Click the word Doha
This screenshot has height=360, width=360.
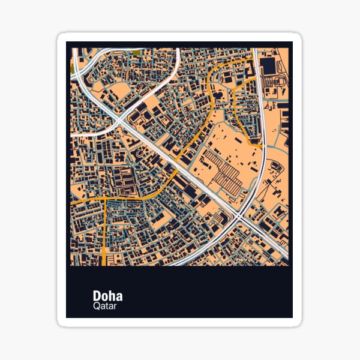tap(107, 296)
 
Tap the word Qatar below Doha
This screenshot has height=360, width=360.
tap(105, 307)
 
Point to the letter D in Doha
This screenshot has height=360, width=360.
tap(97, 296)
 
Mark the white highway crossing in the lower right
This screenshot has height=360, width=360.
tap(241, 215)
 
